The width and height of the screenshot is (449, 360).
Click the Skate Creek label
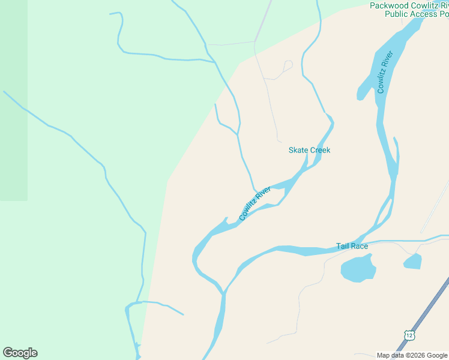[x=309, y=150]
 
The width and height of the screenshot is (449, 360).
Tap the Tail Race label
[x=352, y=246]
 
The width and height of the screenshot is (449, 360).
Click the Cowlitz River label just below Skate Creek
[x=255, y=203]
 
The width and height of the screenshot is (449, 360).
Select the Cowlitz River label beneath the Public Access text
[x=385, y=73]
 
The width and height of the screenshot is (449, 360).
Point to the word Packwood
[x=389, y=5]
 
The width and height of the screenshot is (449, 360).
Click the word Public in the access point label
[x=397, y=14]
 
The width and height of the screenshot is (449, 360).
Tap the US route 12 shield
[x=409, y=335]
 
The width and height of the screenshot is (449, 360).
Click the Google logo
[x=20, y=353]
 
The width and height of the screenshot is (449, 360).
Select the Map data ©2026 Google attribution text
[x=412, y=355]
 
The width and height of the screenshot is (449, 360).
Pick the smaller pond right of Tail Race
[x=412, y=261]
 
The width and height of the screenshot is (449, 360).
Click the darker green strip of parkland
[x=13, y=102]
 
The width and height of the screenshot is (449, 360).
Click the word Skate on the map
[x=298, y=150]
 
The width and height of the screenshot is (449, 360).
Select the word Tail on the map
[x=342, y=246]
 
